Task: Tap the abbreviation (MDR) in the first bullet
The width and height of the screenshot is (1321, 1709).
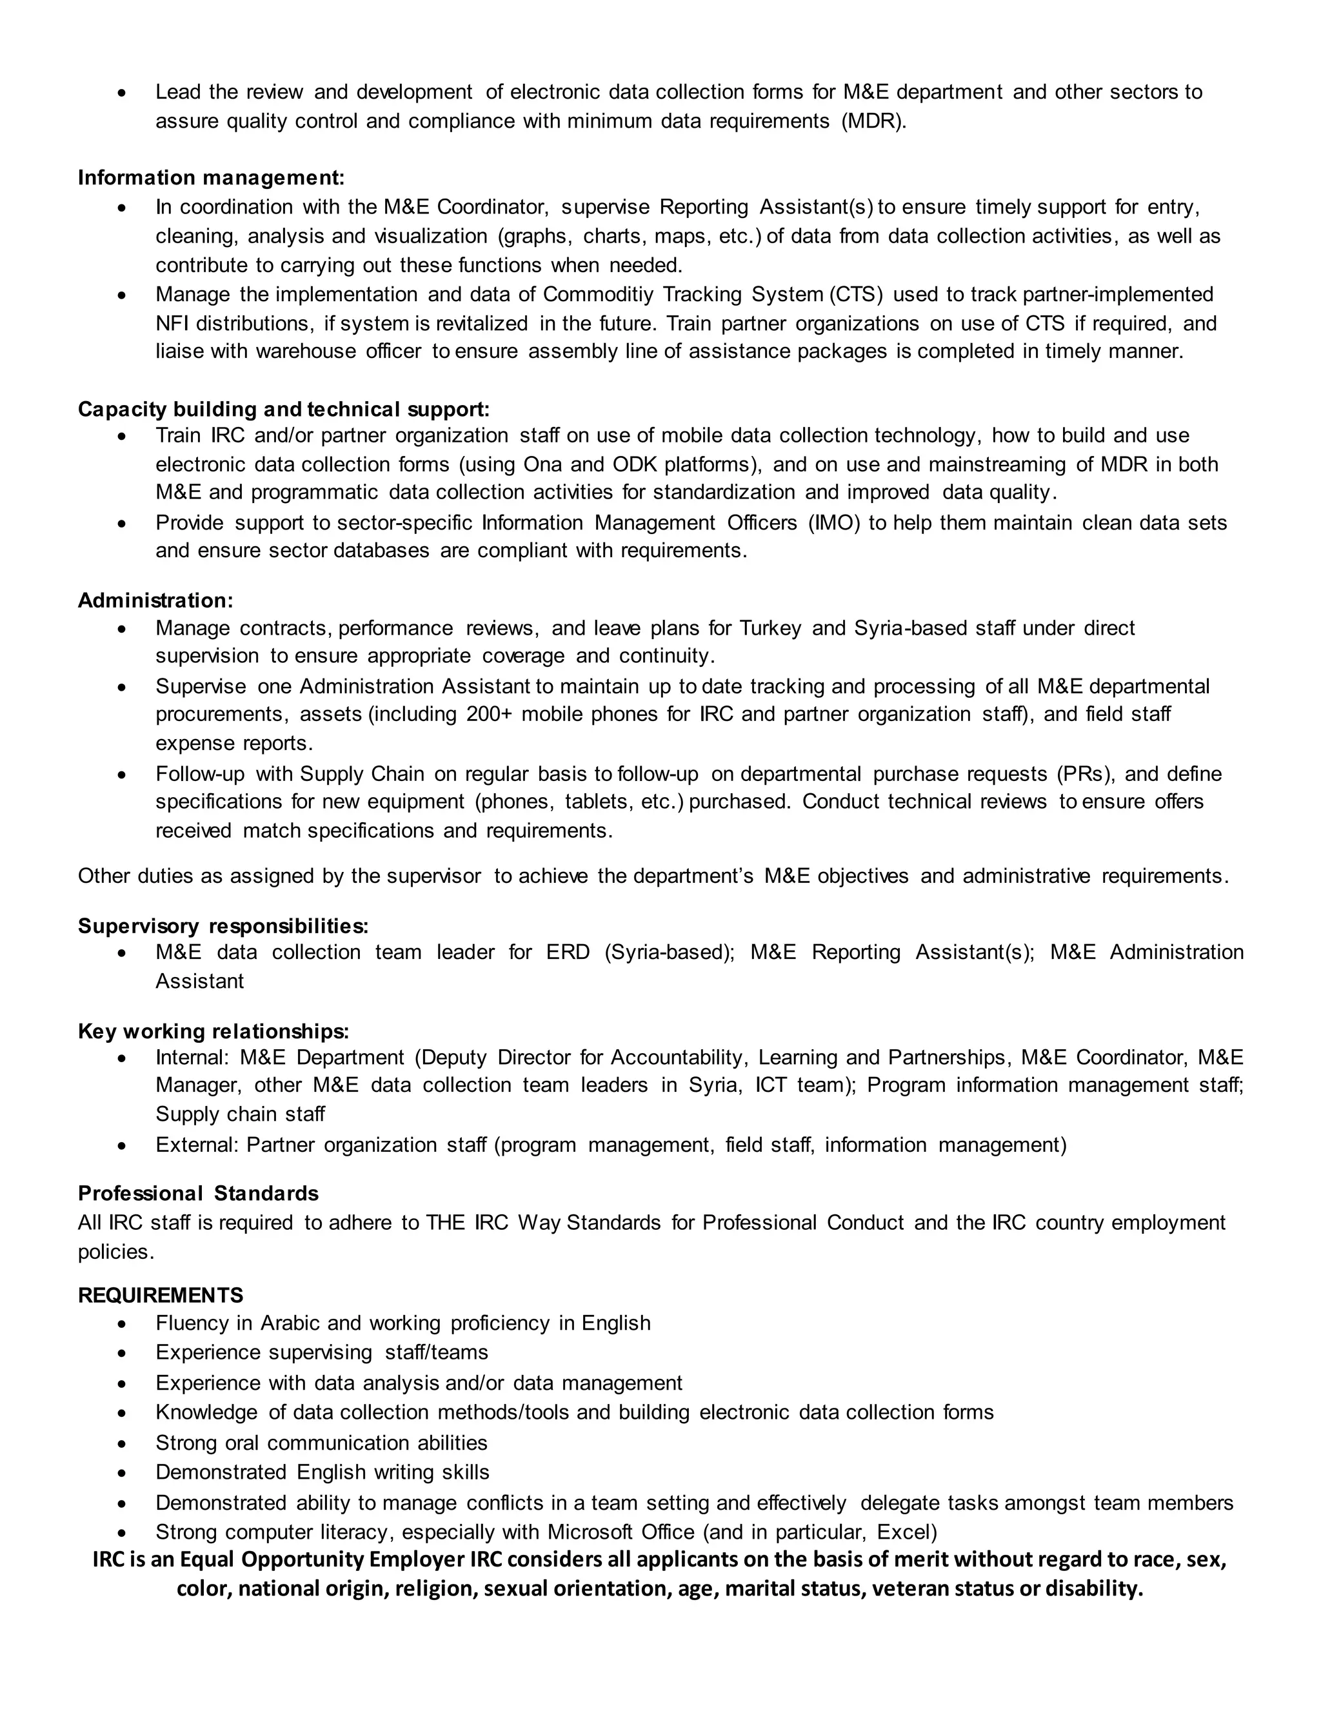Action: click(x=873, y=121)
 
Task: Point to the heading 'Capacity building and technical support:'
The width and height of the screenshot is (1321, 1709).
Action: click(x=283, y=410)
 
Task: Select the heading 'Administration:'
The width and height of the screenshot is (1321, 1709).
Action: click(x=155, y=600)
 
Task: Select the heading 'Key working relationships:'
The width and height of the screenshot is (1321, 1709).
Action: click(x=213, y=1031)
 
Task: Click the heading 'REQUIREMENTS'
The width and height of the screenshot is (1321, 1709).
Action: click(x=161, y=1295)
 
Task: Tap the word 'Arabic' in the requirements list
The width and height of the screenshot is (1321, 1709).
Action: click(x=290, y=1323)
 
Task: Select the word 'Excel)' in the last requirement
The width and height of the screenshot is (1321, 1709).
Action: click(x=906, y=1532)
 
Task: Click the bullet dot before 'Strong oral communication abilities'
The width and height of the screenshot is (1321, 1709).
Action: click(x=121, y=1444)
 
